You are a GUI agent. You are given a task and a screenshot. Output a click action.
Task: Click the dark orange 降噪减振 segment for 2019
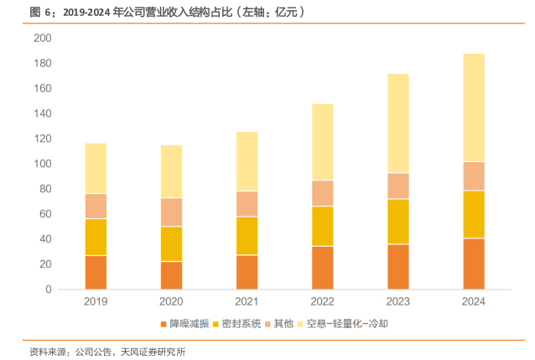pos(96,272)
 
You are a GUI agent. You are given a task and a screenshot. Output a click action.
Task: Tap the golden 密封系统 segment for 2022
pos(322,227)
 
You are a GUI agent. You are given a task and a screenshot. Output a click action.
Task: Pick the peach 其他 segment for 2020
pos(171,212)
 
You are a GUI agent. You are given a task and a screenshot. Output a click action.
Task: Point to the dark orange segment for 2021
pos(247,272)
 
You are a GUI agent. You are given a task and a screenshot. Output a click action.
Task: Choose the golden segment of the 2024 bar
pos(474,215)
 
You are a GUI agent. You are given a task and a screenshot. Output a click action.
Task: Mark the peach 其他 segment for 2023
pos(398,185)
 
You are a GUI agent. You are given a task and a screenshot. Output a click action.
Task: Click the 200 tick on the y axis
pos(43,39)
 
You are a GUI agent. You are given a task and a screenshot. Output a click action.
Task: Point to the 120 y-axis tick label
pos(43,139)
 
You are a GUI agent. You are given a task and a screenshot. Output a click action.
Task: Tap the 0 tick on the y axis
pos(49,290)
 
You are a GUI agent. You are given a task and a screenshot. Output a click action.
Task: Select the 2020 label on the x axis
pos(171,300)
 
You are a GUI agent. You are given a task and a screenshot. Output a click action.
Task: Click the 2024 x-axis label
pos(474,300)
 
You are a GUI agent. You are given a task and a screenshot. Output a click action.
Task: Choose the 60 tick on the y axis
pos(45,214)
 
